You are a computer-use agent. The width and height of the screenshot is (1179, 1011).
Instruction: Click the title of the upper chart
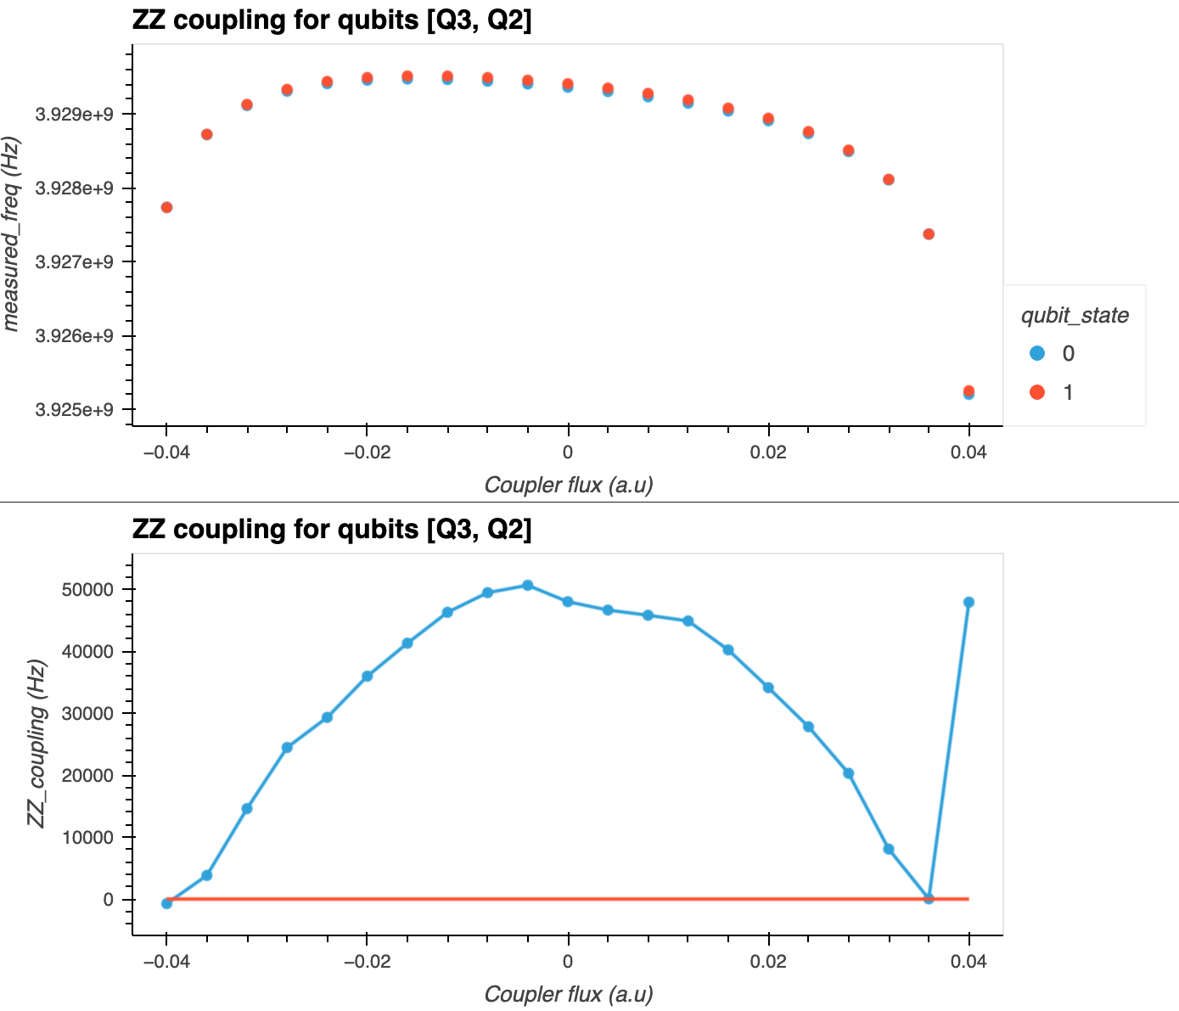pyautogui.click(x=332, y=20)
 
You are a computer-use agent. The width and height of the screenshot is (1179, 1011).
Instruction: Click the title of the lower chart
pyautogui.click(x=332, y=529)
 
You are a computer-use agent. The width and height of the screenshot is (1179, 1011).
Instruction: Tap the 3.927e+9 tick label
pyautogui.click(x=75, y=262)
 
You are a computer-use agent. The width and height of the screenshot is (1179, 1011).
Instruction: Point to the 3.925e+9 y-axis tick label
pyautogui.click(x=75, y=410)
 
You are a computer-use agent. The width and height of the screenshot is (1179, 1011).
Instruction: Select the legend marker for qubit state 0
pyautogui.click(x=1036, y=353)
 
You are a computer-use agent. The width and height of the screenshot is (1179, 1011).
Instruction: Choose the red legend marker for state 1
pyautogui.click(x=1036, y=392)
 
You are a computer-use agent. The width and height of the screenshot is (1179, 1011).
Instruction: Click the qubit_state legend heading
pyautogui.click(x=1074, y=316)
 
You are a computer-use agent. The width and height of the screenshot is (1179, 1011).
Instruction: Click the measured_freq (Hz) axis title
pyautogui.click(x=13, y=233)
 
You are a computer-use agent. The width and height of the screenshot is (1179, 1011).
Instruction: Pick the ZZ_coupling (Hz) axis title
pyautogui.click(x=36, y=743)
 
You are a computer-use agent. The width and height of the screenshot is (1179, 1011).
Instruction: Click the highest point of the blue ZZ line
pyautogui.click(x=528, y=585)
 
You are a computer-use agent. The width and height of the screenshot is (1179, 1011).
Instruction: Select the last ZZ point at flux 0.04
pyautogui.click(x=968, y=602)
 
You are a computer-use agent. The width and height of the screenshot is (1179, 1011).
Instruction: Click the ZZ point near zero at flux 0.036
pyautogui.click(x=929, y=898)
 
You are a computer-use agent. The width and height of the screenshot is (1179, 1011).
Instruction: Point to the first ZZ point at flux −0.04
pyautogui.click(x=167, y=903)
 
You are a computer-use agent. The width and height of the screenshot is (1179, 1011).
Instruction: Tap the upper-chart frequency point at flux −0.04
pyautogui.click(x=167, y=207)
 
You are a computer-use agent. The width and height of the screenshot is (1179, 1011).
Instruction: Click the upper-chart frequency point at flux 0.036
pyautogui.click(x=929, y=234)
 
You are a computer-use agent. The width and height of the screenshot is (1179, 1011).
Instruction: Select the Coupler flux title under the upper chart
pyautogui.click(x=568, y=485)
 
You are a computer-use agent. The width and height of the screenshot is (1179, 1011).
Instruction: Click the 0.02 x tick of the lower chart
pyautogui.click(x=768, y=961)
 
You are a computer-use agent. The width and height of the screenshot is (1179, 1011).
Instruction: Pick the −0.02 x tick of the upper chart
pyautogui.click(x=366, y=452)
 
